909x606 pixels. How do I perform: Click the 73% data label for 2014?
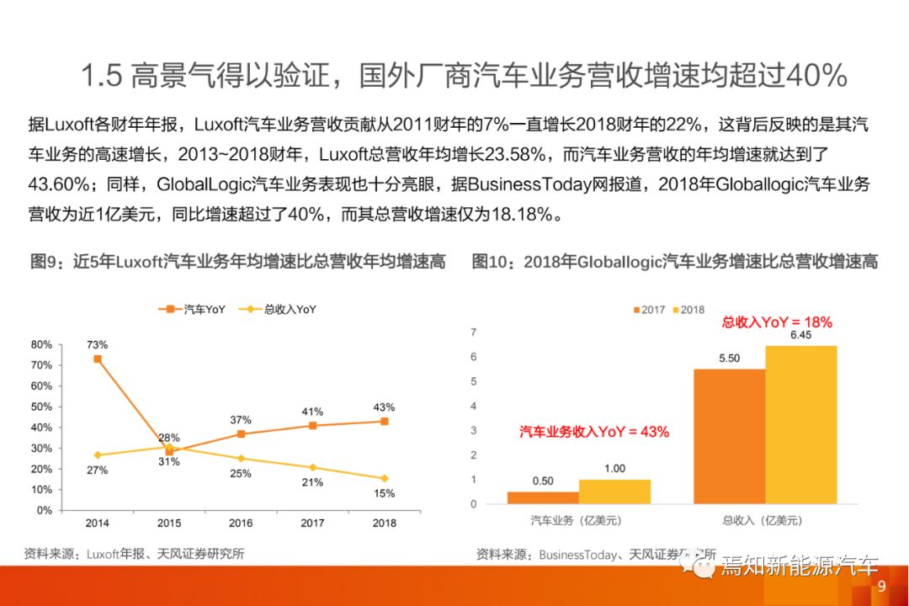pos(97,344)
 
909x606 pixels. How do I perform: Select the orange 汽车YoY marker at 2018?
pos(385,421)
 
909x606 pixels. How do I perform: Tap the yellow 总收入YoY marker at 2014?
pos(97,454)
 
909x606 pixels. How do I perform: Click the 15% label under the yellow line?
pos(385,494)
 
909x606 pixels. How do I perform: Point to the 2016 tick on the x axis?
pos(241,524)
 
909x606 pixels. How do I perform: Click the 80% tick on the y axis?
pos(41,344)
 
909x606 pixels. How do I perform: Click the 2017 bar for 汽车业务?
pos(543,497)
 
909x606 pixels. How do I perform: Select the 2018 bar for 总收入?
pos(801,424)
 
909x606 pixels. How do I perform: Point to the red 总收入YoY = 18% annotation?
pos(777,322)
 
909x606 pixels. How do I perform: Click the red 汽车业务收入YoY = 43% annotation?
pos(593,432)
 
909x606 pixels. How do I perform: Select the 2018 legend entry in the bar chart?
pos(687,310)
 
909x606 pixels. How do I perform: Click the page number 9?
pos(881,587)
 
